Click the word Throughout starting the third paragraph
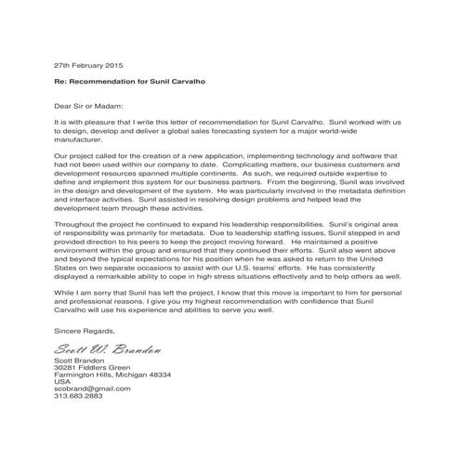(x=76, y=226)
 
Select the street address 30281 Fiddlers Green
(x=94, y=370)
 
